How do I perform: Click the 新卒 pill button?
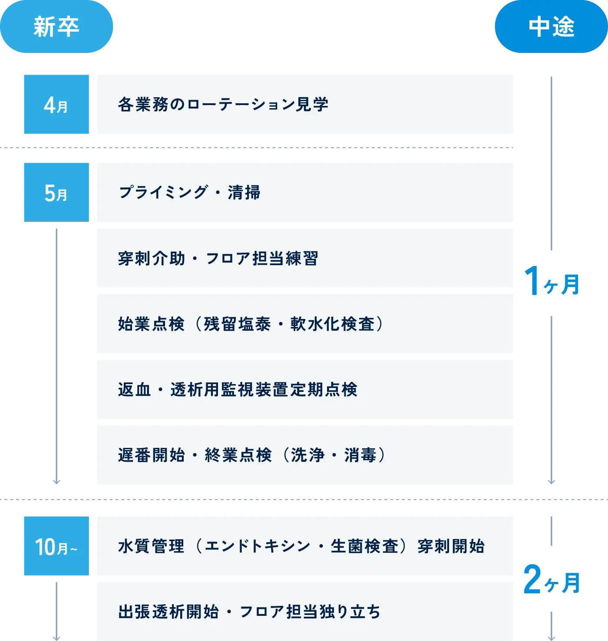pyautogui.click(x=56, y=27)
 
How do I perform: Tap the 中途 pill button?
pyautogui.click(x=551, y=27)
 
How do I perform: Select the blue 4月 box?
pyautogui.click(x=56, y=105)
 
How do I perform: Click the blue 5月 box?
pyautogui.click(x=56, y=191)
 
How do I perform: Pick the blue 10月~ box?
pyautogui.click(x=56, y=546)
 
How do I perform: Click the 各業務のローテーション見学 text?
pyautogui.click(x=223, y=105)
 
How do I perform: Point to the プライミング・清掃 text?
pyautogui.click(x=189, y=192)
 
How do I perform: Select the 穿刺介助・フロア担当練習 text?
pyautogui.click(x=218, y=258)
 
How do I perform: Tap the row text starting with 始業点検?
pyautogui.click(x=251, y=324)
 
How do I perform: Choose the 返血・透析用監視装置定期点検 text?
pyautogui.click(x=238, y=390)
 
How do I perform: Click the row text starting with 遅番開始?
pyautogui.click(x=252, y=455)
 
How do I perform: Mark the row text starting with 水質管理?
pyautogui.click(x=301, y=546)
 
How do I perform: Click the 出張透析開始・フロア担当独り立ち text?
pyautogui.click(x=249, y=612)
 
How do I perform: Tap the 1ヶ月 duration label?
pyautogui.click(x=552, y=284)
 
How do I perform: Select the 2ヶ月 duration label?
pyautogui.click(x=552, y=580)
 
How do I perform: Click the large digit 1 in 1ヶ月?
pyautogui.click(x=532, y=281)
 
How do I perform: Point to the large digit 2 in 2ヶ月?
pyautogui.click(x=532, y=579)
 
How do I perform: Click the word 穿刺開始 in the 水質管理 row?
pyautogui.click(x=451, y=546)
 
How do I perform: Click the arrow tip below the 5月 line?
pyautogui.click(x=56, y=482)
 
